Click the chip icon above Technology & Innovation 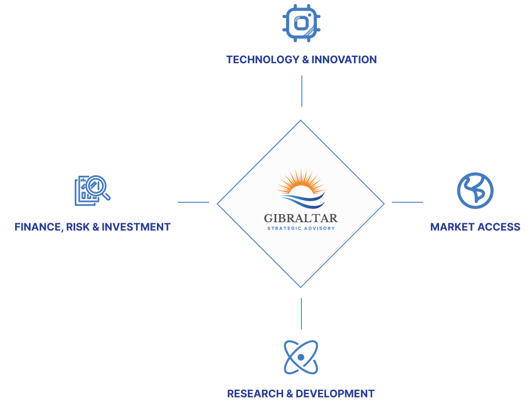coord(301,23)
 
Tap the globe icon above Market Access coord(475,190)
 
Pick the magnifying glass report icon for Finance coord(92,190)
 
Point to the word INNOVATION coord(344,59)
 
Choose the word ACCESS coord(499,227)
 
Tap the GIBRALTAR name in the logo coord(301,219)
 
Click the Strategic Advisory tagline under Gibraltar coord(301,228)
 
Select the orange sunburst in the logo coord(300,183)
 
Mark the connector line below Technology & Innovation coord(301,91)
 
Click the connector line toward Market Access coord(407,202)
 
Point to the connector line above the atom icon coord(301,313)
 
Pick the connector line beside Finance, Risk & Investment coord(193,202)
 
